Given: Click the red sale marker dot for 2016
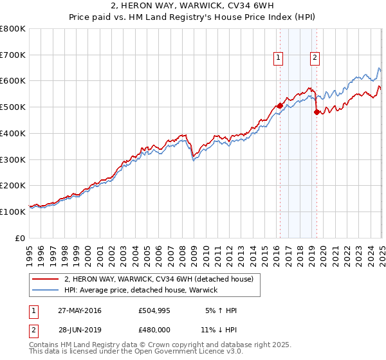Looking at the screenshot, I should point(280,105).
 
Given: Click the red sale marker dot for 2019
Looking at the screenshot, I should point(316,111).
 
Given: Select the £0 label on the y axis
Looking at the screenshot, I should point(21,238).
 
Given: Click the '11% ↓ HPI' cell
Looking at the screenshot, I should point(218,329).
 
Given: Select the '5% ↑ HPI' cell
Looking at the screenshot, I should point(221,310).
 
